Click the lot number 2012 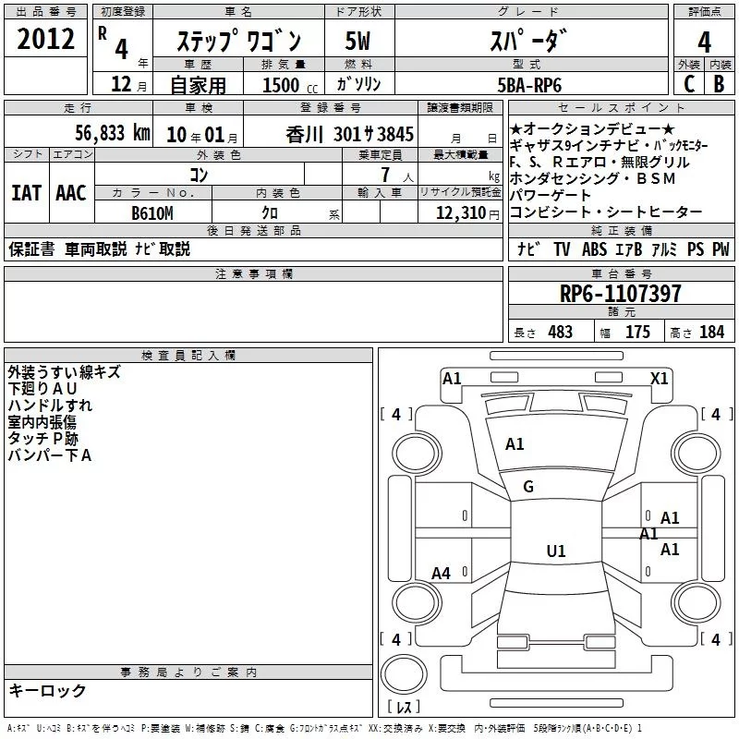point(45,39)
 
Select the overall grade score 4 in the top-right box point(704,42)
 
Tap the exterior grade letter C point(689,84)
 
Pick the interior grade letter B point(719,84)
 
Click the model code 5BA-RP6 point(529,85)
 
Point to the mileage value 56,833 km point(113,133)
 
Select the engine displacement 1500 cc point(290,85)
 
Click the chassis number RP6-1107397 point(620,294)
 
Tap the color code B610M point(152,213)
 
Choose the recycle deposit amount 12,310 point(461,213)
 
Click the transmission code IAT point(27,193)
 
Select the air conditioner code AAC point(71,193)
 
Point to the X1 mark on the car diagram point(659,379)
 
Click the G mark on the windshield point(528,487)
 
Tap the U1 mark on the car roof point(556,551)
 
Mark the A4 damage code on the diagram point(441,574)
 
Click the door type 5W point(357,41)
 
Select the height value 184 point(711,332)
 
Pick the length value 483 point(560,332)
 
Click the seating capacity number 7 point(386,175)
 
